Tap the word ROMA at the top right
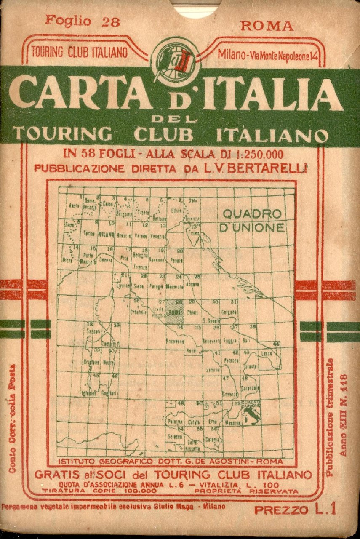(x=267, y=26)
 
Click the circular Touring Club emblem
(x=176, y=62)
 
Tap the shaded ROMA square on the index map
(x=174, y=312)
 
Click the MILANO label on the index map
(x=107, y=234)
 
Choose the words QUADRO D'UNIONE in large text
(x=252, y=220)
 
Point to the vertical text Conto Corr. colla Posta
(x=12, y=417)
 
